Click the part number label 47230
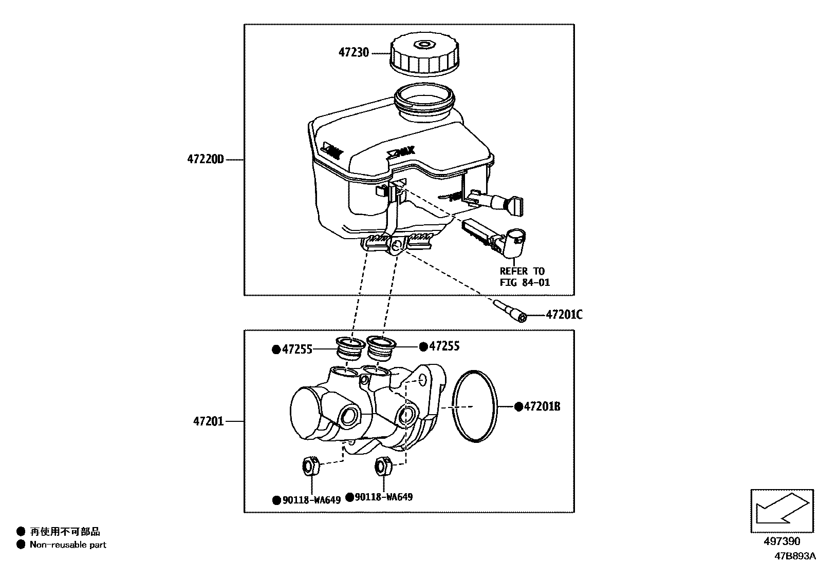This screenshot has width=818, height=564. (x=354, y=53)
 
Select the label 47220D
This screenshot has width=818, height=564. (x=206, y=160)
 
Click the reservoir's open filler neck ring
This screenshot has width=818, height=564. (x=423, y=100)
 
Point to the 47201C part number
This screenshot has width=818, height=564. (x=564, y=315)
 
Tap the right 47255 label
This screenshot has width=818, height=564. (x=444, y=346)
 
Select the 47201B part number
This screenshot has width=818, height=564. (x=542, y=406)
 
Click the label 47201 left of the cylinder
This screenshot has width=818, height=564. (x=209, y=421)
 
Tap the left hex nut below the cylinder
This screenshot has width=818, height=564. (x=309, y=465)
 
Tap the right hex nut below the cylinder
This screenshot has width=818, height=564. (x=383, y=465)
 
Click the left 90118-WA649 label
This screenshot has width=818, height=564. (x=311, y=500)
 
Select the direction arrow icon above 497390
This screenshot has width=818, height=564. (x=782, y=511)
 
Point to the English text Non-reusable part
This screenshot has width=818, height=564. (x=68, y=545)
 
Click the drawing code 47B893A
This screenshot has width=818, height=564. (x=795, y=556)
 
